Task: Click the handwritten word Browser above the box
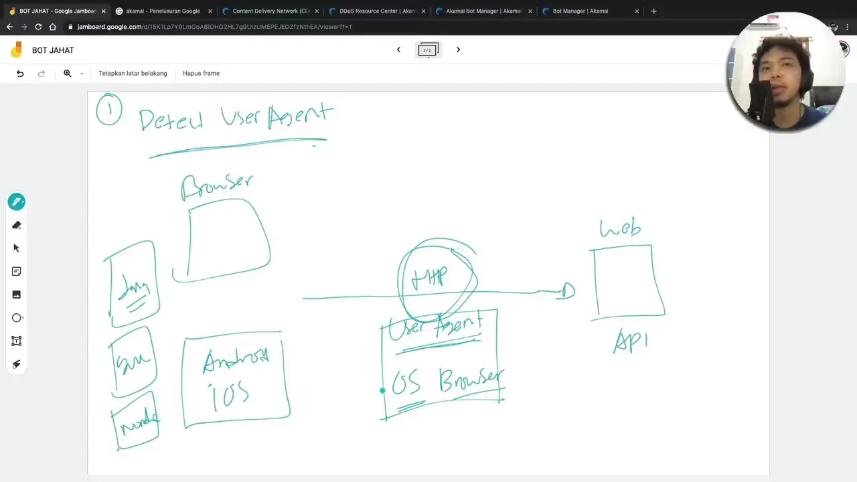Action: coord(218,185)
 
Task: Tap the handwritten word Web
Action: coord(621,228)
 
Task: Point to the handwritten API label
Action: coord(631,341)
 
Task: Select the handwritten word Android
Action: coord(236,361)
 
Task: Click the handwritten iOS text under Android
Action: coord(230,396)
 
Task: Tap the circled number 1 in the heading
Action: coord(109,110)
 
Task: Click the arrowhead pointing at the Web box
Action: coord(567,291)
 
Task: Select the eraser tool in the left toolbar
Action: coord(17,225)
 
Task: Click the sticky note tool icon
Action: coord(17,271)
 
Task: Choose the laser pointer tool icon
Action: coord(17,364)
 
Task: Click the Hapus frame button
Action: coord(201,73)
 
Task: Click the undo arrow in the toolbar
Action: coord(20,73)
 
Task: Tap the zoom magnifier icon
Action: coord(68,73)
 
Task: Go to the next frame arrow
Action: coord(458,50)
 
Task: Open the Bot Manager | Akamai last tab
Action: coord(580,11)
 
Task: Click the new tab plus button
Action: coord(654,11)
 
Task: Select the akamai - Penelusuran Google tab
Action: coord(163,11)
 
